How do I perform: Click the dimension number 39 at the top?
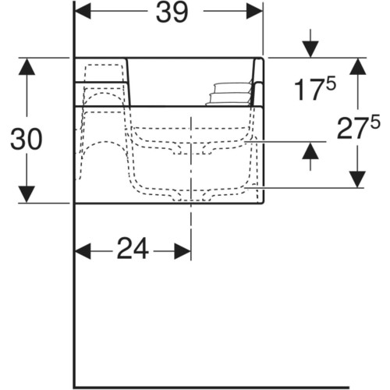[x=172, y=12]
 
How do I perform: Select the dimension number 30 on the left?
[x=26, y=139]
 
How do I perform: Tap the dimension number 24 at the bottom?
[x=133, y=249]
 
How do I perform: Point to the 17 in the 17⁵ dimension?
[x=310, y=90]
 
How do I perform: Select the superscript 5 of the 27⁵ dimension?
[x=375, y=122]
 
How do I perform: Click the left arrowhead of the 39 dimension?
[x=83, y=11]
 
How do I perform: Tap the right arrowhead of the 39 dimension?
[x=254, y=11]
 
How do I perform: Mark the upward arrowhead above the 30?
[x=27, y=66]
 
